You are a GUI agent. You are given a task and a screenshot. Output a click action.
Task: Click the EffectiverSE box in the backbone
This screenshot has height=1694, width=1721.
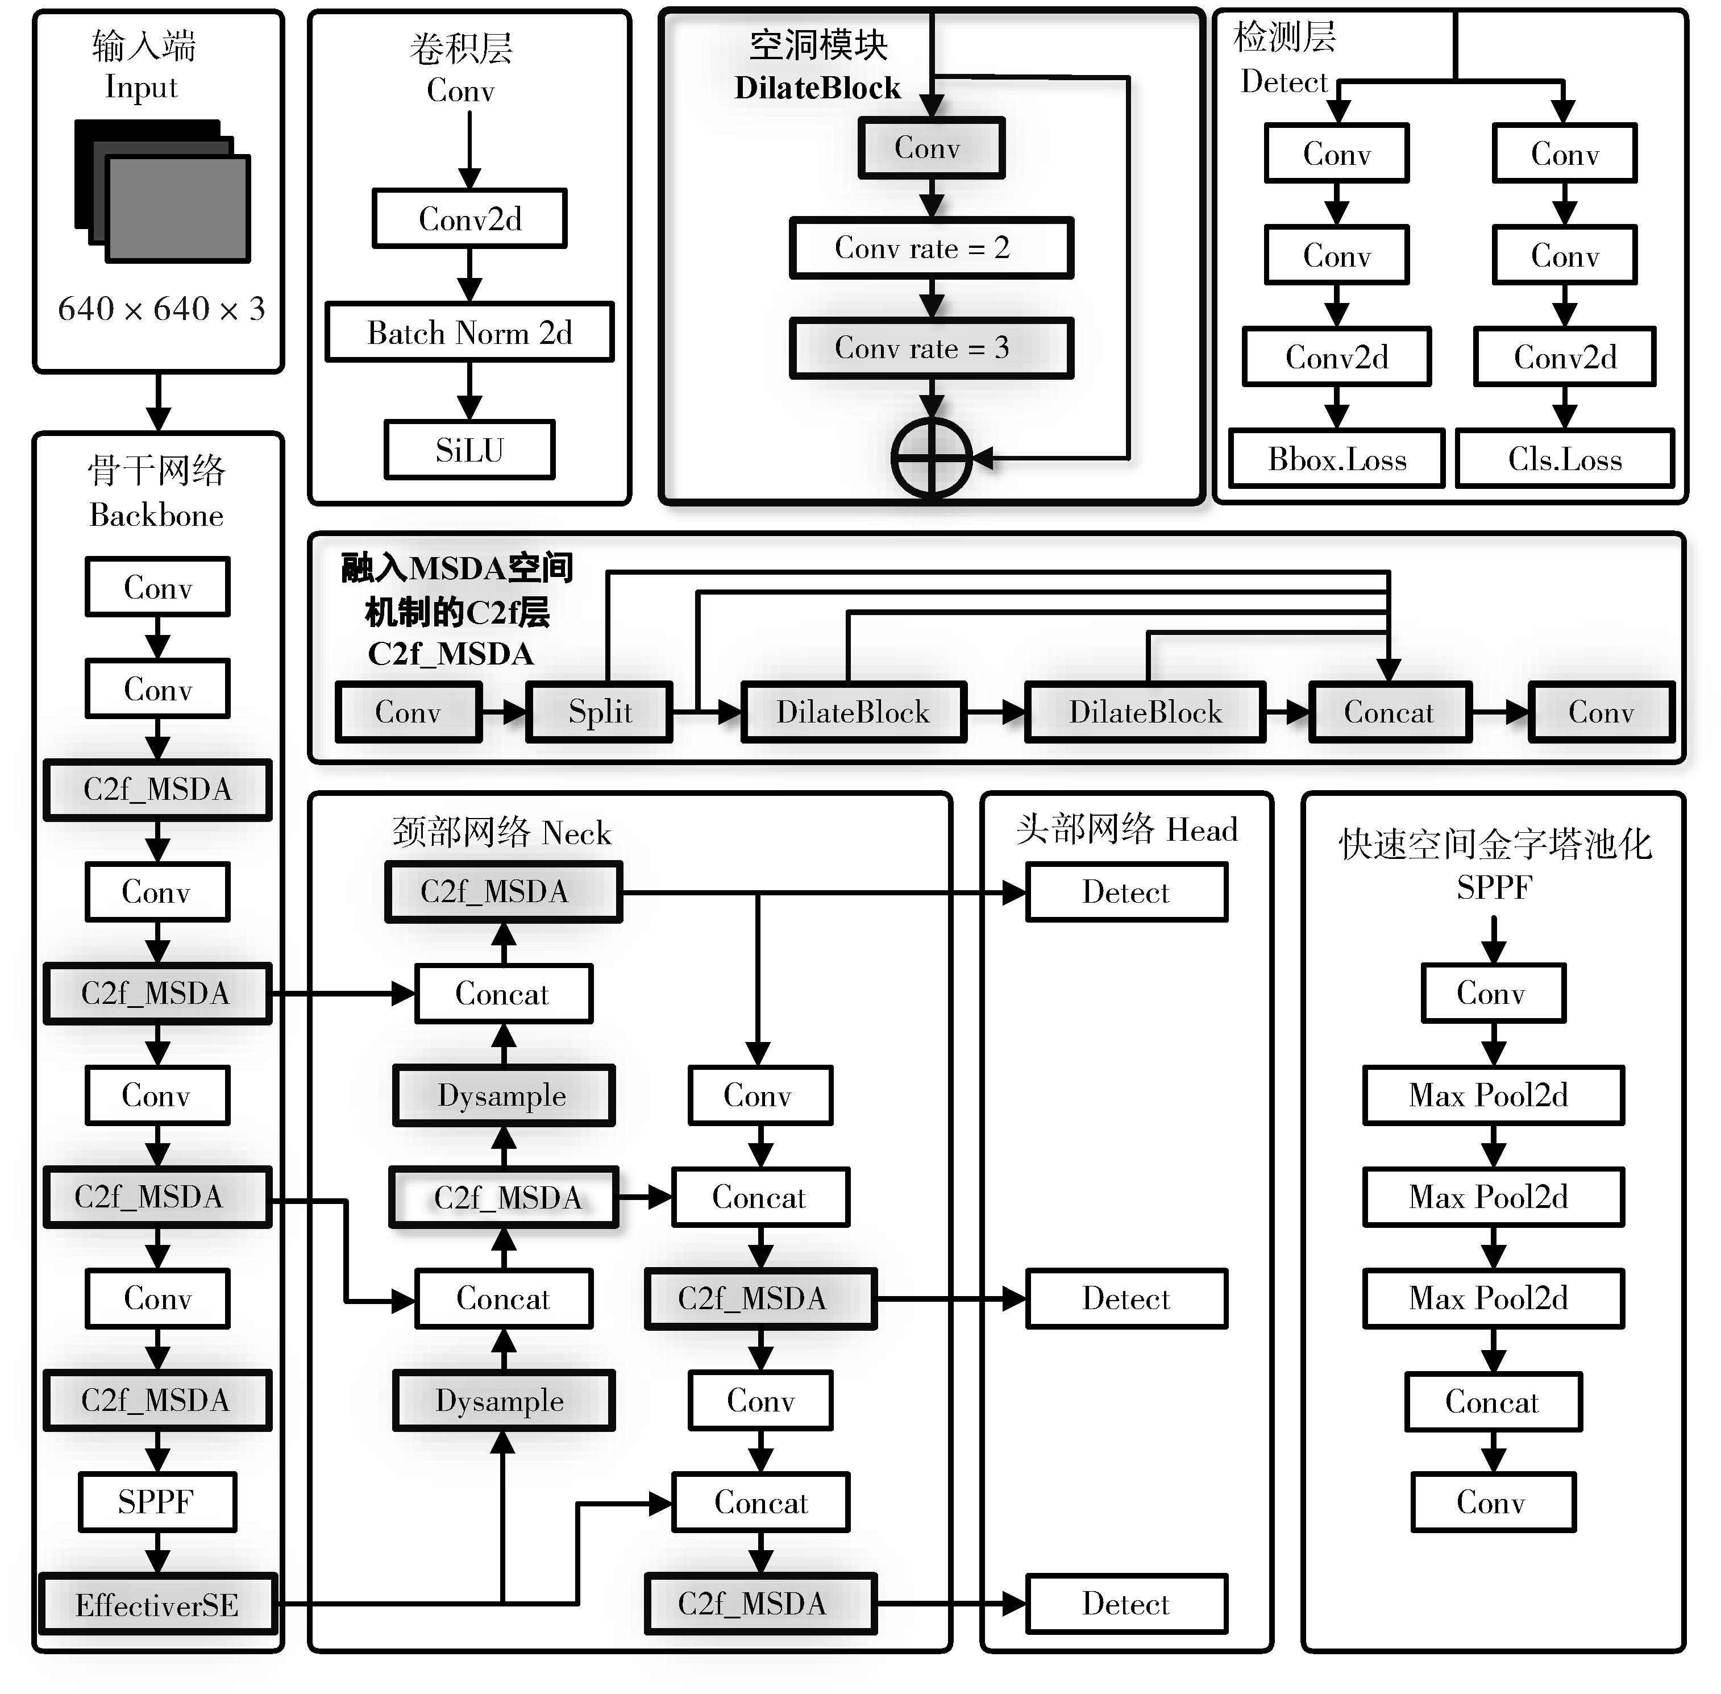157,1604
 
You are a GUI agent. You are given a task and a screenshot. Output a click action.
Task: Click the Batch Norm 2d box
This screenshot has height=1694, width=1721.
469,333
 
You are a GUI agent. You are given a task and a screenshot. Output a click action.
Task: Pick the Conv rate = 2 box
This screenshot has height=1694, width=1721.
930,248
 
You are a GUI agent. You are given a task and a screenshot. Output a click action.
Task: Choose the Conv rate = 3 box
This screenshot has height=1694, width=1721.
930,348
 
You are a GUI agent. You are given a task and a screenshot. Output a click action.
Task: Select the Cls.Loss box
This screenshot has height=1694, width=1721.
1565,459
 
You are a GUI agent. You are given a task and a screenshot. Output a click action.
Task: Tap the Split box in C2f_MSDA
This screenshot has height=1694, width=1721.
600,712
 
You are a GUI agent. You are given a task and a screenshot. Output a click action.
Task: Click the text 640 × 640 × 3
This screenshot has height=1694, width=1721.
161,309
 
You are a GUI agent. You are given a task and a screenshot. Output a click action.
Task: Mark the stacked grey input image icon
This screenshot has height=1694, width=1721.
163,192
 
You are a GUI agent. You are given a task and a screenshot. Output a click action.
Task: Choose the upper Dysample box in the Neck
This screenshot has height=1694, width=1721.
502,1095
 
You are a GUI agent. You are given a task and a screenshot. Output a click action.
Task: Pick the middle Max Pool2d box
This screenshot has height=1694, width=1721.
1493,1197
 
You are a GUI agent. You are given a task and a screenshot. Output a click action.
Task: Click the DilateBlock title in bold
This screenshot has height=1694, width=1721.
817,88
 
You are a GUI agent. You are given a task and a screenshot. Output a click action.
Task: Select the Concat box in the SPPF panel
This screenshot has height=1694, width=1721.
1493,1401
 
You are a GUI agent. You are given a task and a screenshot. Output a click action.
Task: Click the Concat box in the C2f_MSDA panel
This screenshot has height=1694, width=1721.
1389,712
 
